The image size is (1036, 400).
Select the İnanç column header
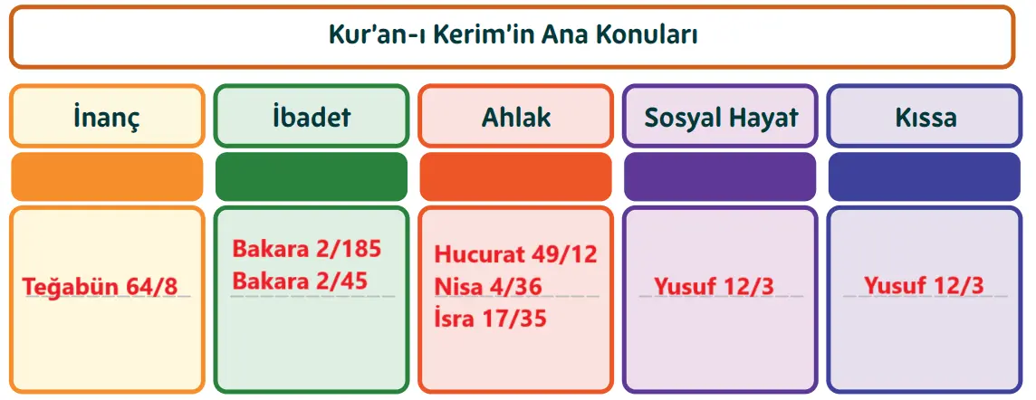(x=107, y=117)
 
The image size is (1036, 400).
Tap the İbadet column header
(x=312, y=117)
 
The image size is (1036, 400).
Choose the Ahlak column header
(x=516, y=117)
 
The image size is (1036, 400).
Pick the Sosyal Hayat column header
(x=721, y=117)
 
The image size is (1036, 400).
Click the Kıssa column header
(x=925, y=117)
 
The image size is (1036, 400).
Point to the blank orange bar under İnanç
(x=107, y=176)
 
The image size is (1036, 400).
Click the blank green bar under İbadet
(x=312, y=176)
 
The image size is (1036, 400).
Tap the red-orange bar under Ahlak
(x=516, y=176)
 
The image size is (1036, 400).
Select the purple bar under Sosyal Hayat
(x=721, y=176)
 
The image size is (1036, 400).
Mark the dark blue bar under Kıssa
(x=925, y=176)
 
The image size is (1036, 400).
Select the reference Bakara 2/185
(x=307, y=249)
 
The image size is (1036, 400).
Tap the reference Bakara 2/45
(x=300, y=281)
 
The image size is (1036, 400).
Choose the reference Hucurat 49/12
(x=516, y=254)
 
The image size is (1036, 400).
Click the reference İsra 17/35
(x=490, y=319)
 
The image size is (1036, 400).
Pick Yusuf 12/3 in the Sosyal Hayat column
(x=714, y=286)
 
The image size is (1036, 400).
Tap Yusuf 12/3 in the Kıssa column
(x=923, y=286)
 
